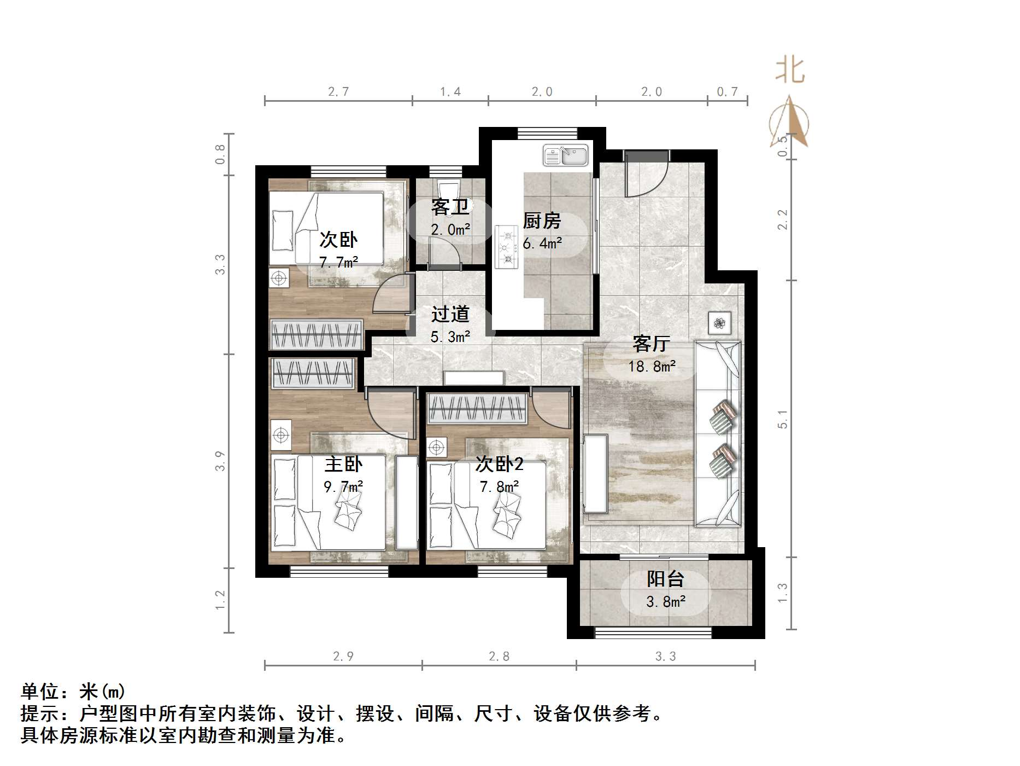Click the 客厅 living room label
[651, 344]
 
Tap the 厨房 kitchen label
[542, 220]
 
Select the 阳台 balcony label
[665, 579]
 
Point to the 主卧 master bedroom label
[343, 464]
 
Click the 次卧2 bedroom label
[499, 464]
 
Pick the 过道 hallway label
[450, 314]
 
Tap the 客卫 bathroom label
[450, 207]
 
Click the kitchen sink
[565, 155]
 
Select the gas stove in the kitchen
[507, 247]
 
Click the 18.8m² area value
[652, 366]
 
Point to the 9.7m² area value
[343, 486]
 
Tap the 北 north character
[790, 71]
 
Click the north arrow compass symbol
[789, 123]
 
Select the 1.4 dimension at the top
[450, 92]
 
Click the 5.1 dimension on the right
[783, 419]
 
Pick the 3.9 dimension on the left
[220, 461]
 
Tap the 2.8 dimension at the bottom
[499, 656]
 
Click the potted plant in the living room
[719, 323]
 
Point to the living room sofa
[718, 434]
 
